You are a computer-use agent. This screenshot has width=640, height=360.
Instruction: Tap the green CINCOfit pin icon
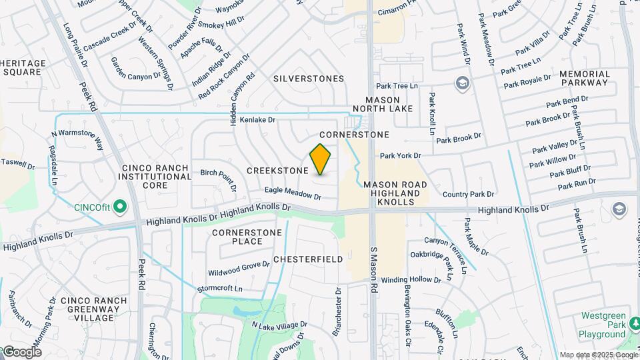pos(120,207)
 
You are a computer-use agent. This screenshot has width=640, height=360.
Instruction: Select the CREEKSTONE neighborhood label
pos(277,171)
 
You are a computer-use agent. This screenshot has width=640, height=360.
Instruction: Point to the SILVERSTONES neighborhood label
pos(309,79)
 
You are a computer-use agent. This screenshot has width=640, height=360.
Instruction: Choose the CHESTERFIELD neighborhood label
pos(308,259)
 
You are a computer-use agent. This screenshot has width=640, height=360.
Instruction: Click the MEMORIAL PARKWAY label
pos(584,78)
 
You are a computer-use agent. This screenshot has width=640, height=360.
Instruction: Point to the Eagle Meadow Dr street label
pos(293,193)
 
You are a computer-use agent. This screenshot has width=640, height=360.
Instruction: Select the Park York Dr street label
pos(401,156)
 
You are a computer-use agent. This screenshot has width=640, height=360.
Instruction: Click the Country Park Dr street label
pos(468,195)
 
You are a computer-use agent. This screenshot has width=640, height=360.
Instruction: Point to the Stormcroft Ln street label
pos(220,289)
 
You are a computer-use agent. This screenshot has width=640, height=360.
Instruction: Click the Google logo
pos(22,351)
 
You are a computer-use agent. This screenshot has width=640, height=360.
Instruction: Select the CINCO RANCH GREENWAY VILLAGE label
pos(93,309)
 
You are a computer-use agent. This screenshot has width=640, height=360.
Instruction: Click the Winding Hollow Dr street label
pos(411,280)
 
